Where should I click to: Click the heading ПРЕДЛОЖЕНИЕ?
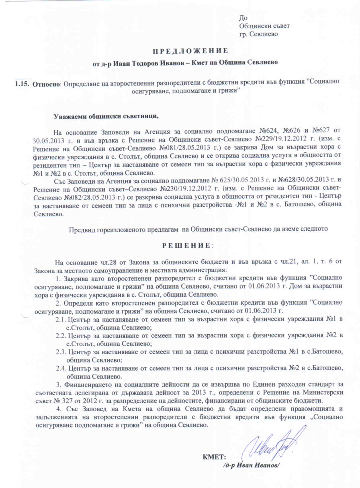point(191,51)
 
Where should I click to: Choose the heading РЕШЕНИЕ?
point(186,246)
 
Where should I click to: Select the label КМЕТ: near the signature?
point(214,457)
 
